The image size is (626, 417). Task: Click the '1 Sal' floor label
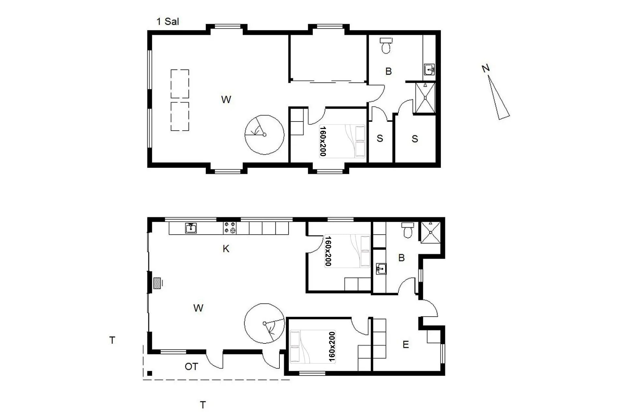(x=168, y=22)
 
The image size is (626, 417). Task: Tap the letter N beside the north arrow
(x=485, y=68)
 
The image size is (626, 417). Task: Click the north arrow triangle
(x=499, y=98)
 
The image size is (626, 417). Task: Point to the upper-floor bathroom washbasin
(x=429, y=69)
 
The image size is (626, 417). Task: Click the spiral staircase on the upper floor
(x=264, y=135)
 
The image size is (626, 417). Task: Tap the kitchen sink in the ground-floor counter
(x=191, y=228)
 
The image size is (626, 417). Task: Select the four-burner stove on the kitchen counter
(x=230, y=228)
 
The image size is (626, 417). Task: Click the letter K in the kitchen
(x=226, y=249)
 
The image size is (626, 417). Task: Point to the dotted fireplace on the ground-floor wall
(x=157, y=283)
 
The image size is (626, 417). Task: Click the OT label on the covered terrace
(x=191, y=367)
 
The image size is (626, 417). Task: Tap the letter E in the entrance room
(x=406, y=345)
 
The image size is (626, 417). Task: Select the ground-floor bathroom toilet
(x=408, y=230)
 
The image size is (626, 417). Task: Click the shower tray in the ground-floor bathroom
(x=431, y=233)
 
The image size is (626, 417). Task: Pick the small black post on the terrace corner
(x=150, y=373)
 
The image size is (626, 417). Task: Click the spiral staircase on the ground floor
(x=265, y=323)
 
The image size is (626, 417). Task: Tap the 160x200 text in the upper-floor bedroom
(x=323, y=141)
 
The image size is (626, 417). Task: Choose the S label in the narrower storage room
(x=380, y=138)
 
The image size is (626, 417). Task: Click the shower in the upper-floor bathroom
(x=425, y=97)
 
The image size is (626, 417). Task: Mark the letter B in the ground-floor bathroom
(x=401, y=258)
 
